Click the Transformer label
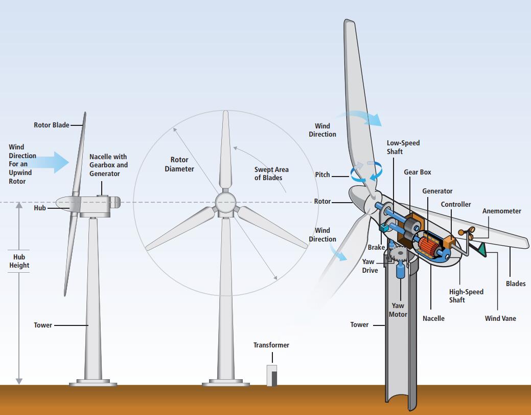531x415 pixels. [x=271, y=345]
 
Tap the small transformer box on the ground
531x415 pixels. [x=272, y=375]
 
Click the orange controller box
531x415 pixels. [x=449, y=242]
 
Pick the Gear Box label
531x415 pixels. [x=418, y=172]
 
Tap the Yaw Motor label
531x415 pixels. [x=398, y=310]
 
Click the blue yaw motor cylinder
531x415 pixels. [x=401, y=270]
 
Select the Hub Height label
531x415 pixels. [x=19, y=261]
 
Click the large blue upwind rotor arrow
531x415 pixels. [x=51, y=162]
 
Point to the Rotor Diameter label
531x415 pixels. [x=179, y=164]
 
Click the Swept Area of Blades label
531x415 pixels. [x=271, y=173]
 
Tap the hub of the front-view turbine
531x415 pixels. [x=225, y=203]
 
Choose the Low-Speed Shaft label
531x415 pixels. [x=403, y=147]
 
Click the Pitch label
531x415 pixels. [x=322, y=174]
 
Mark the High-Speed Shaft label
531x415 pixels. [x=466, y=296]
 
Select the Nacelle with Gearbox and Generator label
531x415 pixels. [x=108, y=165]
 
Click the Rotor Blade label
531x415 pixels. [x=52, y=125]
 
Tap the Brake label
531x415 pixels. [x=376, y=248]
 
